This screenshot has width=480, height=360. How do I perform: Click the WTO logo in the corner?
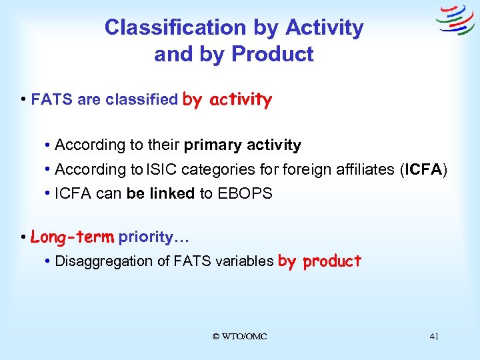pyautogui.click(x=455, y=20)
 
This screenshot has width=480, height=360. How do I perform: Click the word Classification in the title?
pyautogui.click(x=175, y=27)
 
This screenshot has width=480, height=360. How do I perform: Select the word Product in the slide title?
pyautogui.click(x=274, y=54)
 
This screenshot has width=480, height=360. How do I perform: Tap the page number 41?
pyautogui.click(x=434, y=337)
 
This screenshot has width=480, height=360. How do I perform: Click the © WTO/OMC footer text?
pyautogui.click(x=239, y=337)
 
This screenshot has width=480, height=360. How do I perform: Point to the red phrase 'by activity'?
pyautogui.click(x=227, y=100)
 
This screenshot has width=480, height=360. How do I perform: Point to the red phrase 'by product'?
pyautogui.click(x=319, y=261)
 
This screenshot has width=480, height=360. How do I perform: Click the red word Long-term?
pyautogui.click(x=73, y=237)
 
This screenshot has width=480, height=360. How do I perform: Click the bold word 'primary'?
pyautogui.click(x=213, y=145)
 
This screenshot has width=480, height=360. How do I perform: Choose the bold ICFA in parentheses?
pyautogui.click(x=423, y=170)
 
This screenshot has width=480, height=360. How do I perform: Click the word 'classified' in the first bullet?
pyautogui.click(x=139, y=101)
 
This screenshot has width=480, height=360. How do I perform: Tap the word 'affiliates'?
pyautogui.click(x=361, y=170)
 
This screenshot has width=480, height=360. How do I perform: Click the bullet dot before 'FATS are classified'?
pyautogui.click(x=24, y=100)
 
